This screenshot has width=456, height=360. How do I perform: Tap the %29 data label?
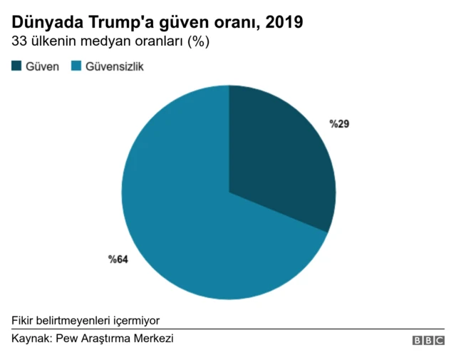pyautogui.click(x=338, y=124)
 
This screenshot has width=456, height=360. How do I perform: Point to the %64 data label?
pyautogui.click(x=118, y=259)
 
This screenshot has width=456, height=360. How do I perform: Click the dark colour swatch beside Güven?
pyautogui.click(x=17, y=66)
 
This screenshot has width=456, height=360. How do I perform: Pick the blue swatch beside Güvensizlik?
pyautogui.click(x=76, y=66)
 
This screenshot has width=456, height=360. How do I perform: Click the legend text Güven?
pyautogui.click(x=42, y=66)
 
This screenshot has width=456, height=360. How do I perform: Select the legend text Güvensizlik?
pyautogui.click(x=115, y=66)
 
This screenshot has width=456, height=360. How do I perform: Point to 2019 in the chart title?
pyautogui.click(x=284, y=23)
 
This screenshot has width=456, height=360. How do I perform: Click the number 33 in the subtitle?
pyautogui.click(x=19, y=42)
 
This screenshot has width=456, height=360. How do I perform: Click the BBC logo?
pyautogui.click(x=427, y=341)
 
